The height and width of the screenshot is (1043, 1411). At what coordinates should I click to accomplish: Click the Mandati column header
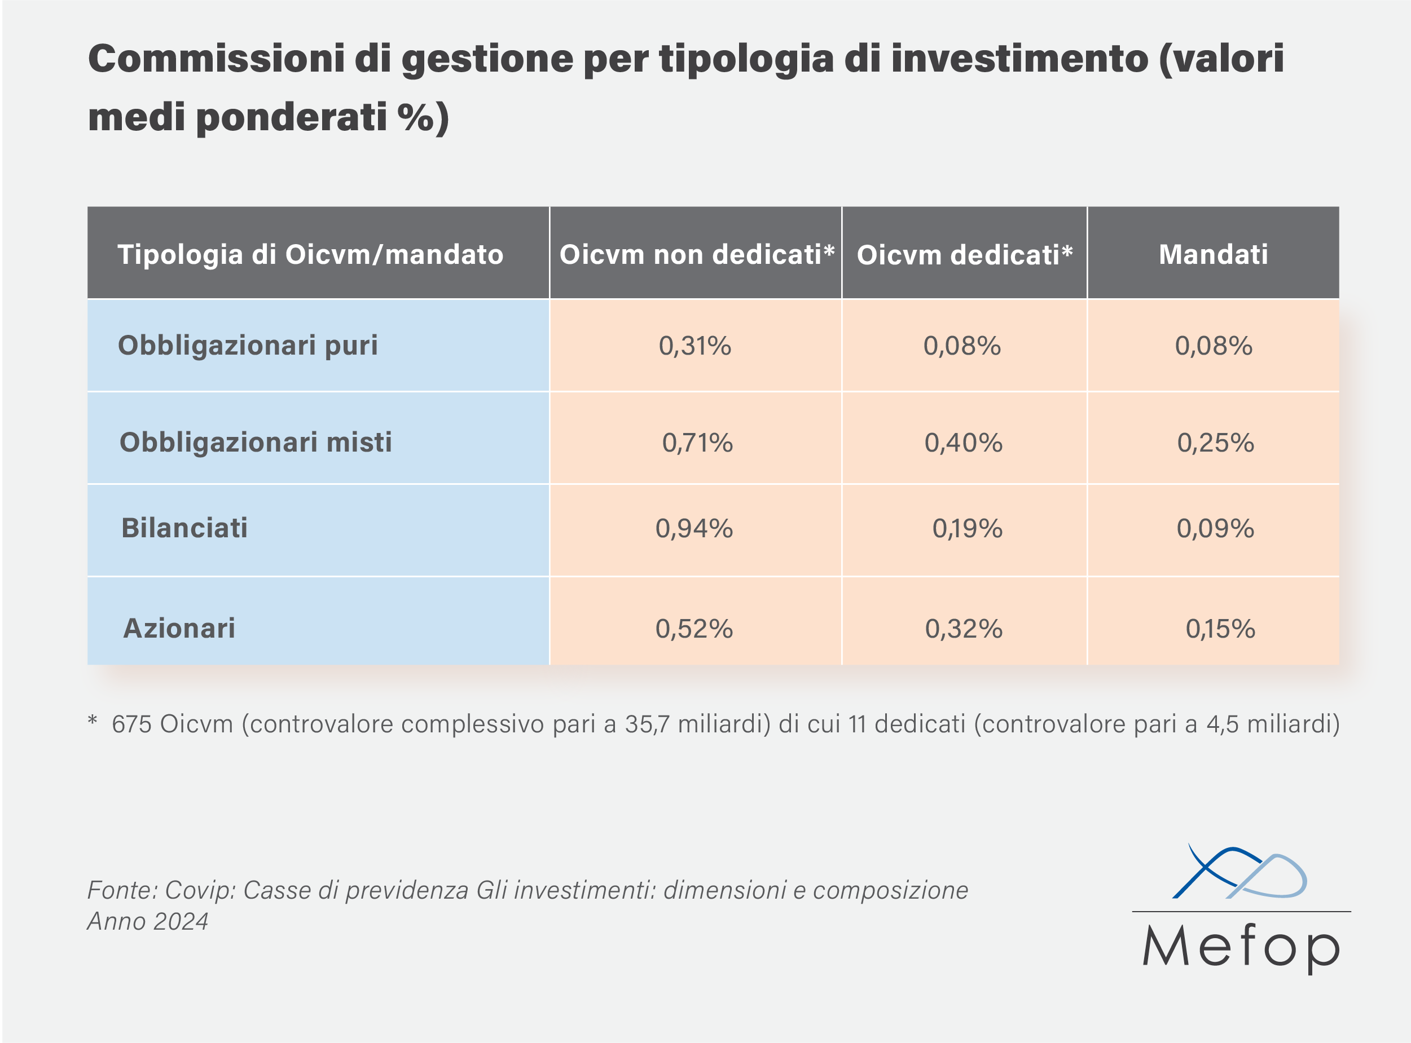1212,254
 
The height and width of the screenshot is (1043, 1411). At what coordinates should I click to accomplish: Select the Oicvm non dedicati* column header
697,254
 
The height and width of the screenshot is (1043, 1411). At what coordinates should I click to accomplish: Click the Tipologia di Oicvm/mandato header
310,254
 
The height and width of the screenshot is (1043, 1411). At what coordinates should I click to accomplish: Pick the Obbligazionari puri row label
248,346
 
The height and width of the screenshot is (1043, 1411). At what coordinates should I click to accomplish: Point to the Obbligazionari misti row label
256,442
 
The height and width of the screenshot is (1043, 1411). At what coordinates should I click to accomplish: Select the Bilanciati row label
184,528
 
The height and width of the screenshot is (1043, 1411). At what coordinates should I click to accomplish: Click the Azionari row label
179,628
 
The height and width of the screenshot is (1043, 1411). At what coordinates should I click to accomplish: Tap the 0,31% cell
694,346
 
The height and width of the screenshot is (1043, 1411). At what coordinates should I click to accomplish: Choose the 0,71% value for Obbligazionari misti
697,443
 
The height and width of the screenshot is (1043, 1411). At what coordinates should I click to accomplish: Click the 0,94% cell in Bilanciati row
694,528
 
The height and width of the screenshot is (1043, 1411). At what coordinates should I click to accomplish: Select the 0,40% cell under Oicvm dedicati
963,443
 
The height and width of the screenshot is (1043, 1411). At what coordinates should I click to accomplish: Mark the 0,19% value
967,528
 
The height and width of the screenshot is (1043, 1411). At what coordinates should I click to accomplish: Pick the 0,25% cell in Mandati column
1215,443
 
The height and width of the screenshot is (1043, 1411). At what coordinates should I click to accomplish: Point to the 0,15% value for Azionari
1220,629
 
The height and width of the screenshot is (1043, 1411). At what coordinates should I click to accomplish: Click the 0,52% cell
694,629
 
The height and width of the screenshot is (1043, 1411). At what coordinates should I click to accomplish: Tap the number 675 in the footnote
131,724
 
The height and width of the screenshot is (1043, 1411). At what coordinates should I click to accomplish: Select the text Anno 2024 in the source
148,922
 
